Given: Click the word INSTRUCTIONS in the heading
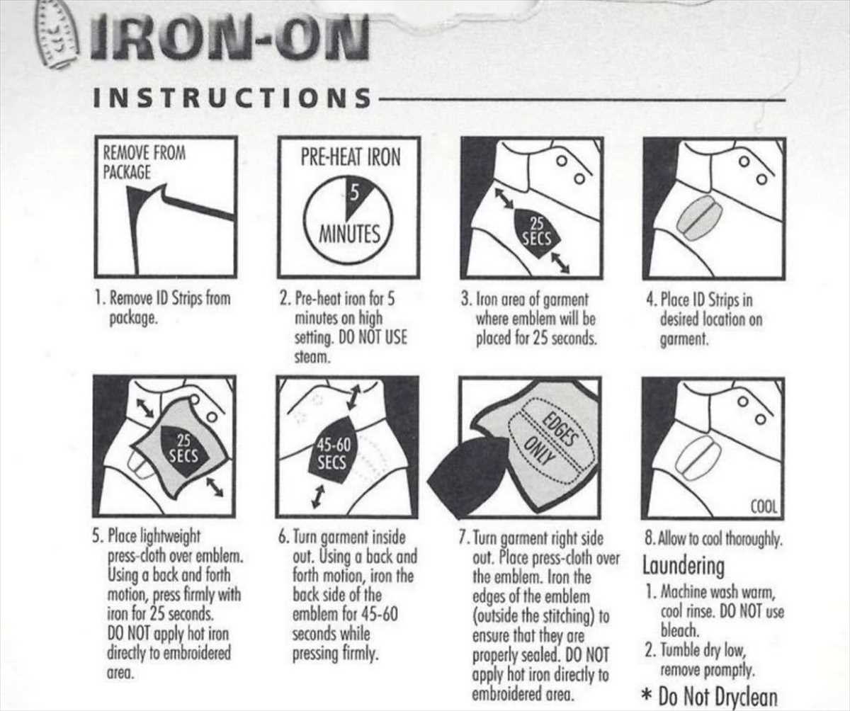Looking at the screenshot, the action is pyautogui.click(x=232, y=98).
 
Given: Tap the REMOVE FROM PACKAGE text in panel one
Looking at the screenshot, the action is pyautogui.click(x=144, y=162).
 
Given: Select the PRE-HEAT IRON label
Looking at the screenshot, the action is pyautogui.click(x=351, y=157).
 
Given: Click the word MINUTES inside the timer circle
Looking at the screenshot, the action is pyautogui.click(x=349, y=234).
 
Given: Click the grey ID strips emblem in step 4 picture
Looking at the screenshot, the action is pyautogui.click(x=699, y=217).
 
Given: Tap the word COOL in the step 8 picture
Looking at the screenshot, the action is pyautogui.click(x=764, y=507).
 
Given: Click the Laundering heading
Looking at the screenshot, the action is pyautogui.click(x=684, y=566).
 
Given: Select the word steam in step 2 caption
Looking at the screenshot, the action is pyautogui.click(x=312, y=358).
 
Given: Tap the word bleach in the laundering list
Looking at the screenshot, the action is pyautogui.click(x=679, y=630).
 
